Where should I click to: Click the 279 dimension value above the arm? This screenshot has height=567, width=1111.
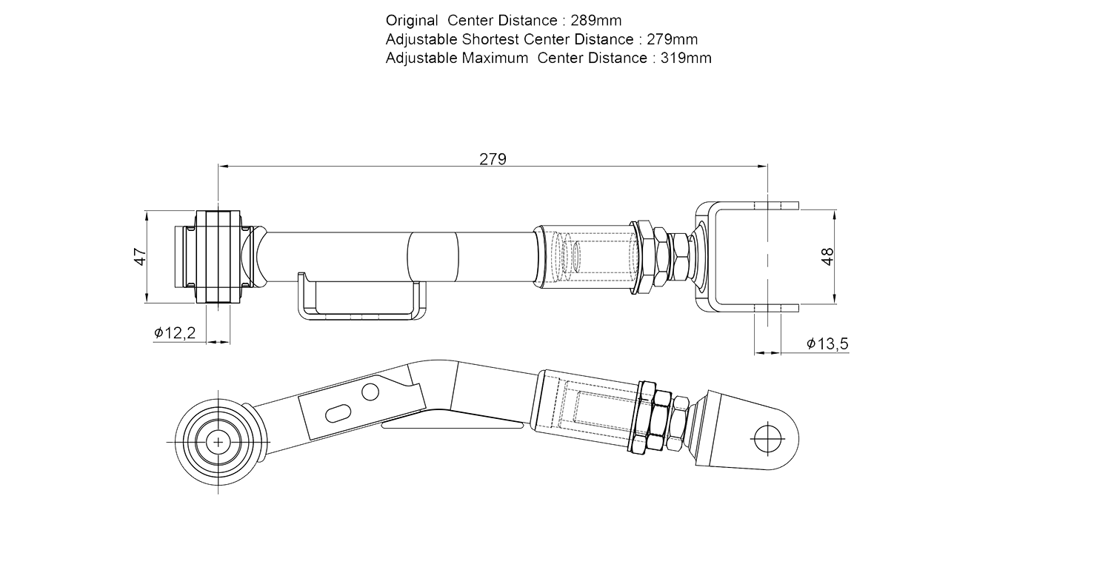point(493,158)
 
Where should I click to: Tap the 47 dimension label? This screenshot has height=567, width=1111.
point(139,256)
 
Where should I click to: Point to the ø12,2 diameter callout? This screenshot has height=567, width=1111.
point(175,334)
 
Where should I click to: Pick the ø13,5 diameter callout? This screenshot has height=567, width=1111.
point(827,344)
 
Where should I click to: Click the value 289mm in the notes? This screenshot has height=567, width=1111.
point(596,21)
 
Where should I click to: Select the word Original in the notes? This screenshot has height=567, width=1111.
point(412,21)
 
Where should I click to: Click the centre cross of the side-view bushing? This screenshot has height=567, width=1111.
point(218,442)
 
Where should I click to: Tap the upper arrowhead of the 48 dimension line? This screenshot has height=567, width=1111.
point(835,215)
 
